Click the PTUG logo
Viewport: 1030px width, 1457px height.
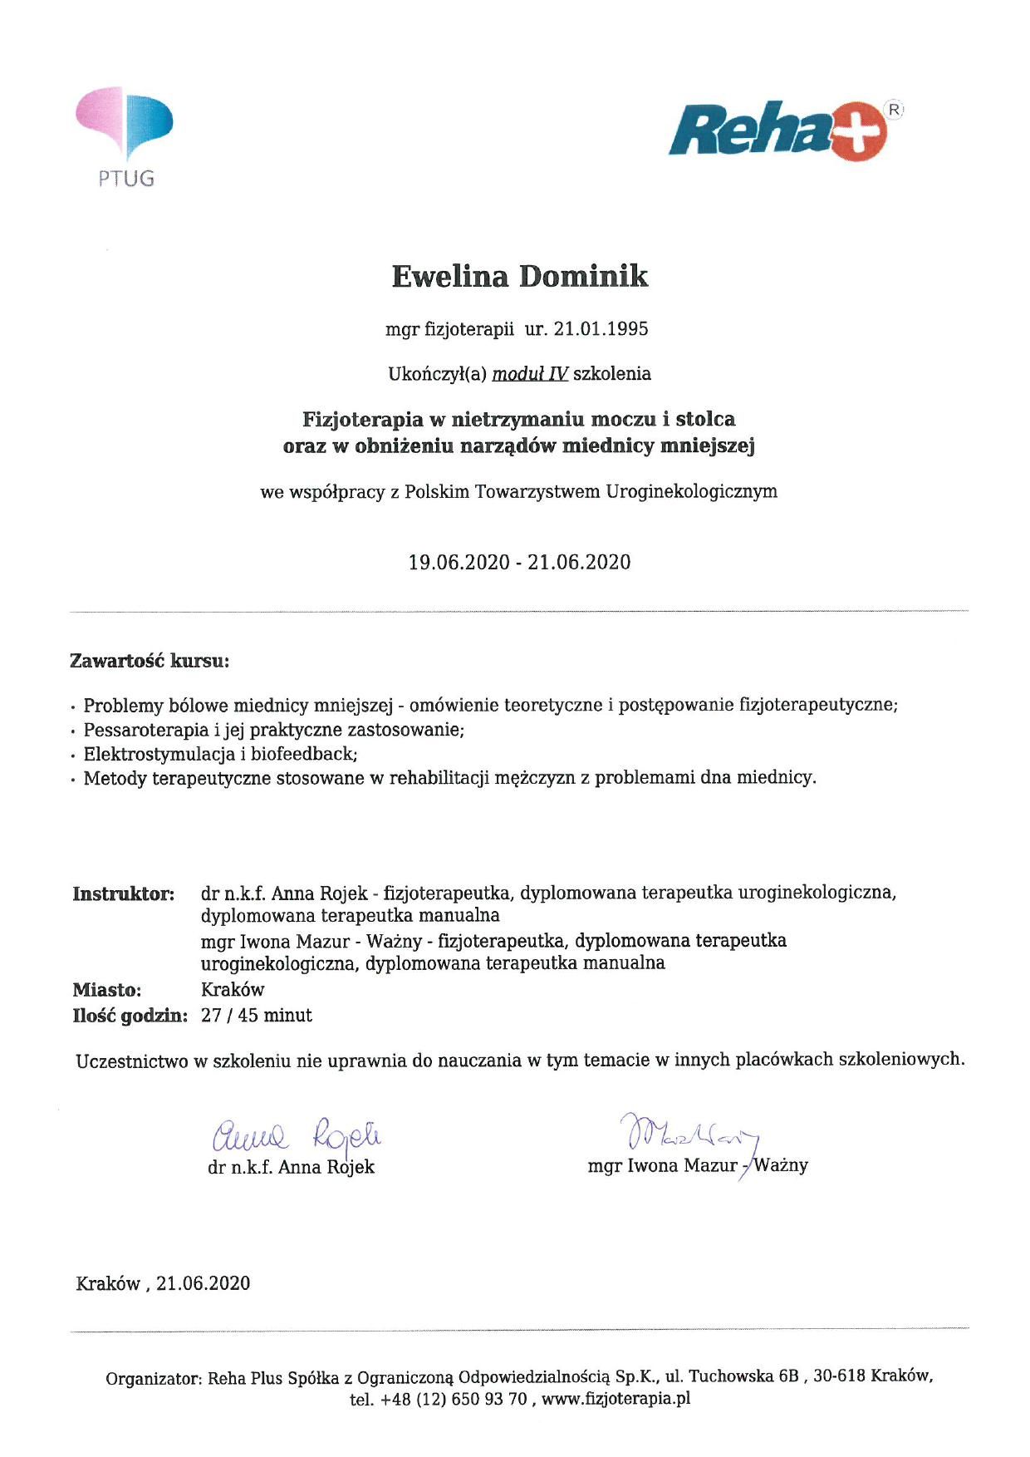click(x=125, y=137)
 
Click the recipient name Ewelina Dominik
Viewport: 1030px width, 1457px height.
click(x=519, y=277)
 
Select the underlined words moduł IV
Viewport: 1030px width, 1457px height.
click(x=530, y=374)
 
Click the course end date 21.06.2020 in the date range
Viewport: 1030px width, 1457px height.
click(x=579, y=563)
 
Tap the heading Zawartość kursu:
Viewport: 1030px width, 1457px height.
click(x=150, y=662)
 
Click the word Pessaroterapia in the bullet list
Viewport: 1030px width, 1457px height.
click(x=135, y=731)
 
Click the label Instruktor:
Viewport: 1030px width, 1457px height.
click(x=124, y=894)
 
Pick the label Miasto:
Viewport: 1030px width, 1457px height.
click(x=107, y=990)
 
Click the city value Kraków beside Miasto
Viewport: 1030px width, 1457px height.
click(x=233, y=990)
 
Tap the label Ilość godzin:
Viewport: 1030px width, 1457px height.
click(x=130, y=1016)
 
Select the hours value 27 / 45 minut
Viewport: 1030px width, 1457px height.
click(x=257, y=1016)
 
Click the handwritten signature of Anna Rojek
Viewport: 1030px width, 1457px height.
click(x=297, y=1134)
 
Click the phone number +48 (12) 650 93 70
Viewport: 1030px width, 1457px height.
click(x=454, y=1399)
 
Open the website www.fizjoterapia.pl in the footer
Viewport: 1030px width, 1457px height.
click(x=616, y=1399)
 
